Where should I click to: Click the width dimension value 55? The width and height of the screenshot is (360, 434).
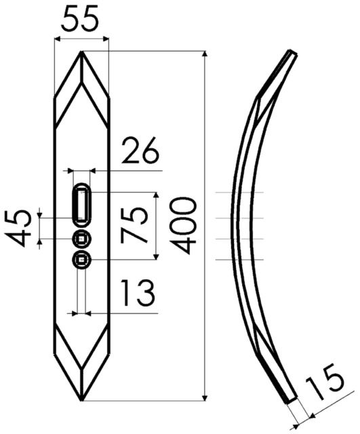[x=80, y=20]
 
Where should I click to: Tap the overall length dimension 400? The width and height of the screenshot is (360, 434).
[x=183, y=226]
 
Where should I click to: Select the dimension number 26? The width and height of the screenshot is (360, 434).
[x=140, y=151]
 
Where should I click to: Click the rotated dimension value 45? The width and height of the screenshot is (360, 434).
[x=17, y=229]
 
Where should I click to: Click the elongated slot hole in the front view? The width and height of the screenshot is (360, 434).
[x=81, y=205]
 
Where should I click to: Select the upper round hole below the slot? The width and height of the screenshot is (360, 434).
[x=81, y=239]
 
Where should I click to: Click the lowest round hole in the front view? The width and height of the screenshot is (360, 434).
[x=81, y=260]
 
